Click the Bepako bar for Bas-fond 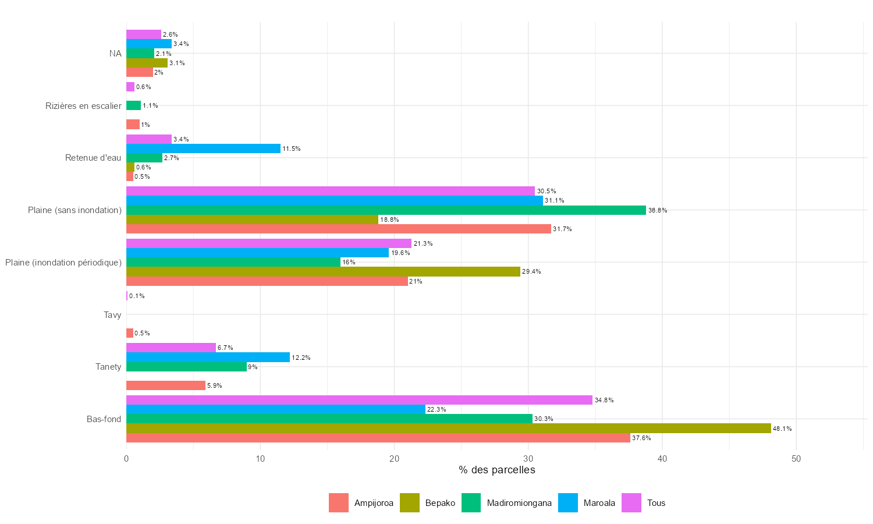[x=448, y=429]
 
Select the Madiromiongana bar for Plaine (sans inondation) [x=386, y=210]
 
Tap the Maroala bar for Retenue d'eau [x=203, y=148]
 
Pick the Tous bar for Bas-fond [x=359, y=400]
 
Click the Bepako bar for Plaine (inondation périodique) [x=323, y=271]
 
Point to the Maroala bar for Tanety [x=208, y=357]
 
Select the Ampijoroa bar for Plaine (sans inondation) [x=338, y=229]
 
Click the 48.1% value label [x=782, y=429]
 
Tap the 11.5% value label [x=292, y=149]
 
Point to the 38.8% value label [x=658, y=211]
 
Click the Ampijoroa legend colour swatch [x=339, y=503]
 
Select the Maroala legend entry [x=587, y=503]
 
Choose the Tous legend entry [x=644, y=503]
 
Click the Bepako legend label [x=440, y=503]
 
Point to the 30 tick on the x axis [x=528, y=459]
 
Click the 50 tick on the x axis [x=796, y=459]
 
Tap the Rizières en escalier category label [x=84, y=106]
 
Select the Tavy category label [x=112, y=315]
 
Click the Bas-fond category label [x=104, y=419]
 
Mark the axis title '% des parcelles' [x=496, y=470]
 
